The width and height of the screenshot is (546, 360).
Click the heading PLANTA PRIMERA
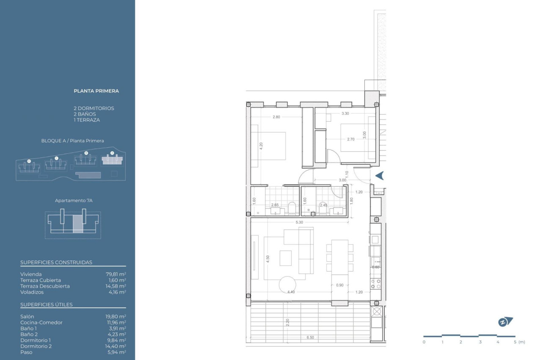(x=96, y=91)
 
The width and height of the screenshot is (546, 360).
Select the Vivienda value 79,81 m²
(x=116, y=274)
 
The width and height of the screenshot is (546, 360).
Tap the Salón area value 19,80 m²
(x=116, y=316)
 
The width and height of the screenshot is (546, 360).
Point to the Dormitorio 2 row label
(x=36, y=346)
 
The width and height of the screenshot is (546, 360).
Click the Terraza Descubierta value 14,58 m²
(x=116, y=286)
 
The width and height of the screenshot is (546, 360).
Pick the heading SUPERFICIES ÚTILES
(x=47, y=305)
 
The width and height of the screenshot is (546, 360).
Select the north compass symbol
(x=505, y=322)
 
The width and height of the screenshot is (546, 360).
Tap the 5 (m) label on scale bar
(x=519, y=342)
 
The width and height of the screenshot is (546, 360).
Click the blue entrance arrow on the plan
(x=380, y=175)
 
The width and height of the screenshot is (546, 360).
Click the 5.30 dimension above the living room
(x=299, y=222)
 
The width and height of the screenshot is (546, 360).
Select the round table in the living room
(x=288, y=285)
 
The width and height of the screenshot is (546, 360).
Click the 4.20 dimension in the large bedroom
(x=261, y=144)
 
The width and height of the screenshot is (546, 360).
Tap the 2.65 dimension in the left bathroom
(x=275, y=205)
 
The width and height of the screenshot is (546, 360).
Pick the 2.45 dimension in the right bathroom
(x=323, y=205)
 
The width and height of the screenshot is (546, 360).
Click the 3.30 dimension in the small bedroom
(x=345, y=114)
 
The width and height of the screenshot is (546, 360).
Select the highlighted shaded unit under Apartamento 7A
(x=78, y=224)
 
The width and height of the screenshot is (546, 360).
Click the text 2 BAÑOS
(x=85, y=114)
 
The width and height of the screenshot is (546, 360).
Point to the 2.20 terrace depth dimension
(x=288, y=322)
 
